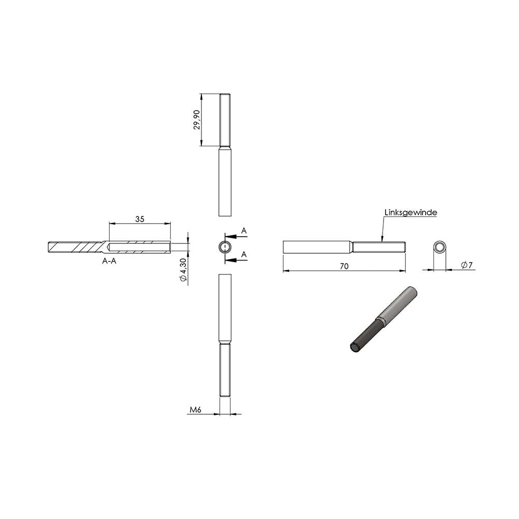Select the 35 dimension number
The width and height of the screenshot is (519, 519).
140,219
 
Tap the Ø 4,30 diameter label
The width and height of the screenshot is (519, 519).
183,270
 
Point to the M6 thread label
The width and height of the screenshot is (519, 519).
195,410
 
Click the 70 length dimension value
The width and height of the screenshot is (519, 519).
344,266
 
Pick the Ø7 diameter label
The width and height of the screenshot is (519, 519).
467,265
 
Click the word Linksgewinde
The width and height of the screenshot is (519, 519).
411,212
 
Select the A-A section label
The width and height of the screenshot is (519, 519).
109,261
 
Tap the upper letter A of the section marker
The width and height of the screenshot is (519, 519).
244,230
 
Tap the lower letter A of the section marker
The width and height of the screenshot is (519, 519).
244,254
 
